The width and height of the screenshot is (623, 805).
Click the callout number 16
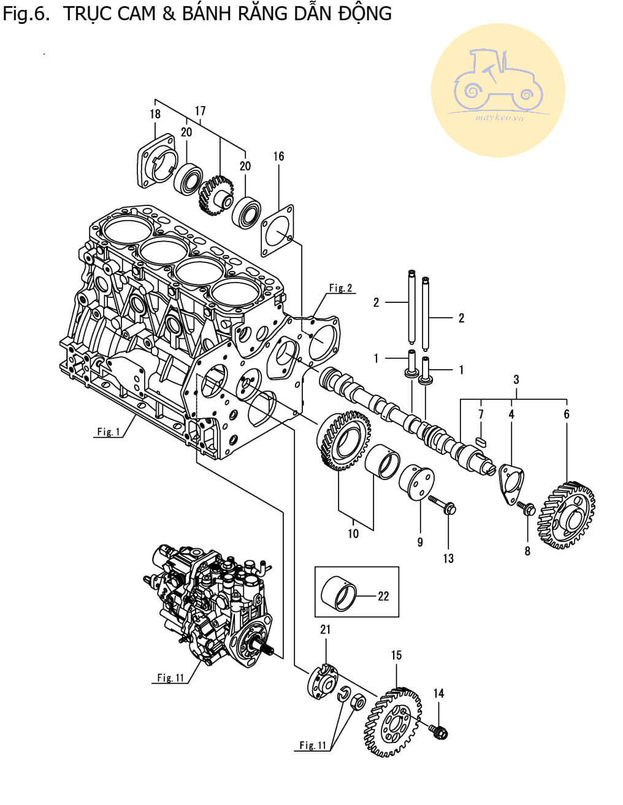point(278,156)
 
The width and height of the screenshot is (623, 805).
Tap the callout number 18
point(155,113)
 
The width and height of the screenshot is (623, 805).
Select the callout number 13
point(448,559)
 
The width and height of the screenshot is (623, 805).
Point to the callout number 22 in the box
point(383,596)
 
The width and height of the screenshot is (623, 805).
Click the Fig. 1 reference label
point(109,432)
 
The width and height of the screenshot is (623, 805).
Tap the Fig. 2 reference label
point(341,288)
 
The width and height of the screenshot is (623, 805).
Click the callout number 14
point(438,693)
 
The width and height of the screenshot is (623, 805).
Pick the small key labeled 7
point(481,441)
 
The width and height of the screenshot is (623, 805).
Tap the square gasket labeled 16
point(277,231)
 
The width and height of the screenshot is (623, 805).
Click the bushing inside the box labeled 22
point(338,593)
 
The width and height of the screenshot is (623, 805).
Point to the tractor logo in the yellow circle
point(498,82)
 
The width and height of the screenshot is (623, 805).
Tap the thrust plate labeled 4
point(511,484)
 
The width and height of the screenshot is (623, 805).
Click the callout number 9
point(420,543)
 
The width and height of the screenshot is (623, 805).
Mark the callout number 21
point(325,630)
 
